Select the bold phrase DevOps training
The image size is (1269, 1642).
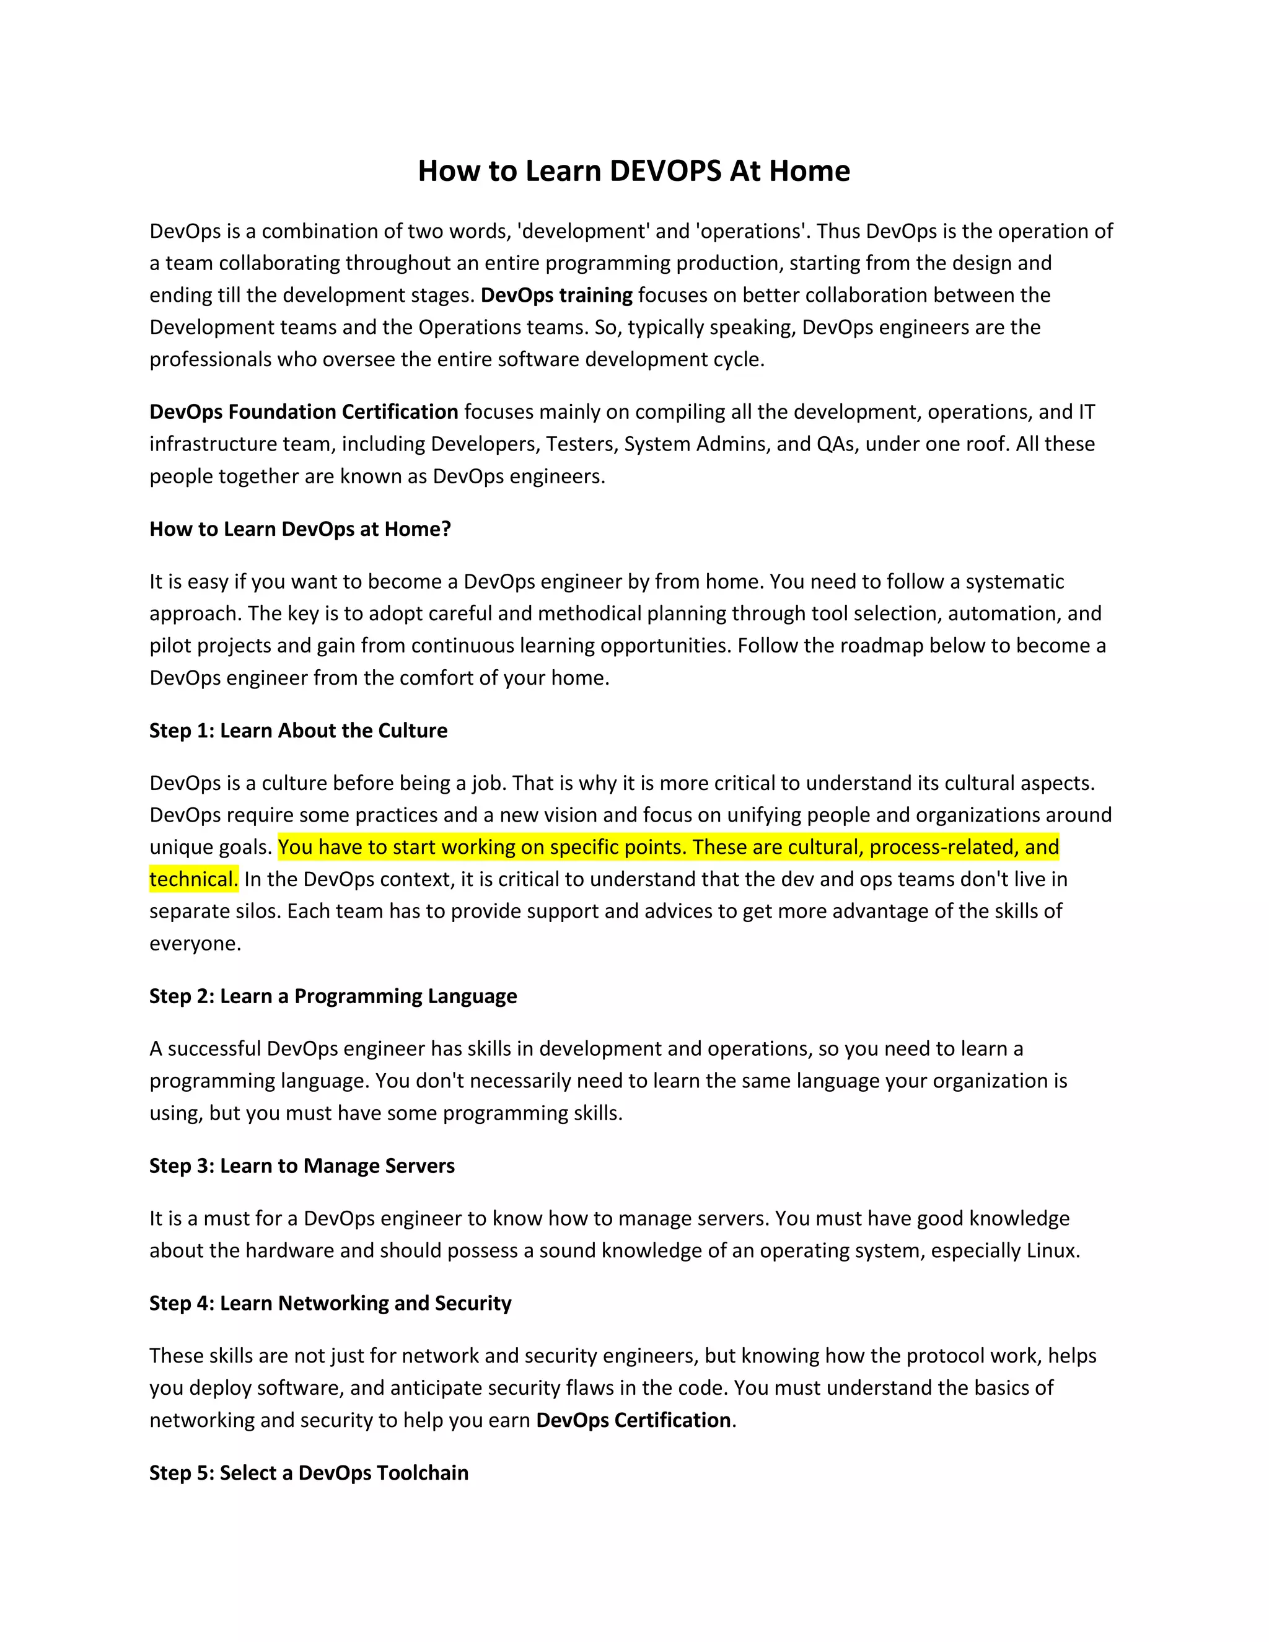tap(556, 295)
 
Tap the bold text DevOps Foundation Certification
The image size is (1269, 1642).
tap(304, 412)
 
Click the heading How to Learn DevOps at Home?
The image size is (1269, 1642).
tap(300, 529)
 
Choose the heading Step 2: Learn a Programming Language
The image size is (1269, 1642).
tap(333, 996)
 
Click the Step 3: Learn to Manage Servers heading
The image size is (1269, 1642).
tap(302, 1166)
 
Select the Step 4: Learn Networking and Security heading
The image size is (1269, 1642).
tap(330, 1303)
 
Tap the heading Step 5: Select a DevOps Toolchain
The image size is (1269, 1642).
tap(308, 1473)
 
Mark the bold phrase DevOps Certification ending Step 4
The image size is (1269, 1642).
tap(633, 1420)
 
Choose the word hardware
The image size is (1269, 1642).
tap(289, 1250)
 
